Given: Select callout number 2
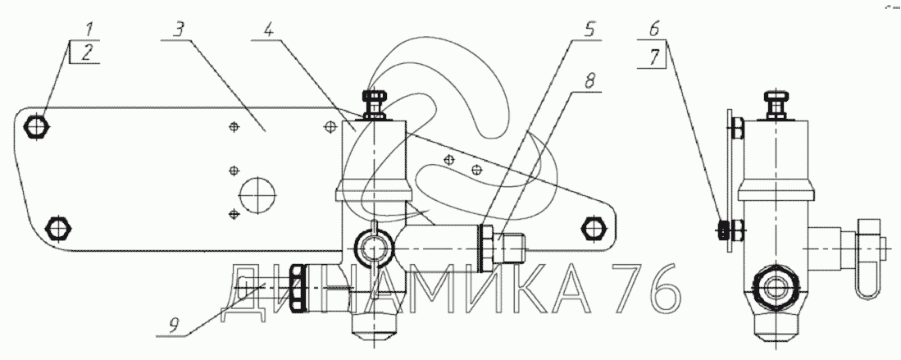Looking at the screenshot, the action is pyautogui.click(x=86, y=53).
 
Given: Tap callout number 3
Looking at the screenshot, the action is pyautogui.click(x=180, y=30).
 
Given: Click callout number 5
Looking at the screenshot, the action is pyautogui.click(x=589, y=30).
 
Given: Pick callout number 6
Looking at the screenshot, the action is pyautogui.click(x=654, y=30).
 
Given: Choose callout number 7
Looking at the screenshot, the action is pyautogui.click(x=654, y=57).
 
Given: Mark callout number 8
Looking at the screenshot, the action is pyautogui.click(x=589, y=80).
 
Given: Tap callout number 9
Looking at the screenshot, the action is pyautogui.click(x=173, y=325).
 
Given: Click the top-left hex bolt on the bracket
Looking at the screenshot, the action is pyautogui.click(x=38, y=126).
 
